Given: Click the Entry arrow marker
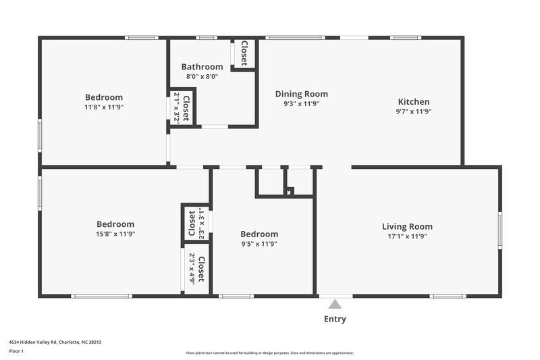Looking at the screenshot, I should tap(335, 304).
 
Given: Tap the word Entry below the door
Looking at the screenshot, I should tap(335, 319).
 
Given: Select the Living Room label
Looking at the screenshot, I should tap(407, 226).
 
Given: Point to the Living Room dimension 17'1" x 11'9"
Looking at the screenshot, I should tap(407, 236).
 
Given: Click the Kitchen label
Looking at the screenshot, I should tap(413, 102).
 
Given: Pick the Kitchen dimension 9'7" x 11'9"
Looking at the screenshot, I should tap(413, 112).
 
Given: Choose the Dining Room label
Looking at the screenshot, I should tap(301, 94).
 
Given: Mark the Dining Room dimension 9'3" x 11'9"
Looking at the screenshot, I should tap(301, 104).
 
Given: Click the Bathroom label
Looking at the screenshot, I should tap(202, 67).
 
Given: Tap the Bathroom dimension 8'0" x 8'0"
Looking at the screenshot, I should tap(202, 77).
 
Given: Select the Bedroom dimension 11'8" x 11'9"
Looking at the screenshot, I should tap(104, 107).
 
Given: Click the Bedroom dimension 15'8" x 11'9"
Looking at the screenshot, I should tap(115, 234).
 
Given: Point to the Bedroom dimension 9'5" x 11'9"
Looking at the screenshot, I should tap(259, 244).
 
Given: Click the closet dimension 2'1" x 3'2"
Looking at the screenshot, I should tap(177, 106).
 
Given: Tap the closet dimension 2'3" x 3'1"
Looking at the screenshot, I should tap(201, 224).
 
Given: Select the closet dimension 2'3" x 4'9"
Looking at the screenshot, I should tap(192, 269).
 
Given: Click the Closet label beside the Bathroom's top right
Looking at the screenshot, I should tap(244, 53).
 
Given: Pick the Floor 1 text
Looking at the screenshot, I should tap(17, 351).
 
